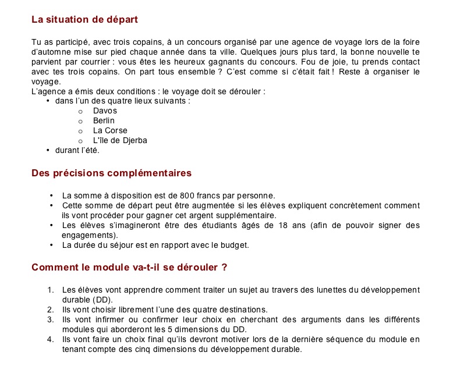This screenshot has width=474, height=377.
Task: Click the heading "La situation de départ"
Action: (84, 20)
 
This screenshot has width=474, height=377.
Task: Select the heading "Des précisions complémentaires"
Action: (111, 173)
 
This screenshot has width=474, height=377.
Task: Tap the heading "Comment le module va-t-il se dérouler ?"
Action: (129, 268)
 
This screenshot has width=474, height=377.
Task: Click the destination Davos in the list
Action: (105, 111)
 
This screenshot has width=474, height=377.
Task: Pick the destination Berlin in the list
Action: (104, 120)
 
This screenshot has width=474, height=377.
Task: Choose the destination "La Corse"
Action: (110, 130)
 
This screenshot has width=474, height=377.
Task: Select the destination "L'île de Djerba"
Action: (120, 140)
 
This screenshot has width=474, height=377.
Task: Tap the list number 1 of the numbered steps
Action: (51, 290)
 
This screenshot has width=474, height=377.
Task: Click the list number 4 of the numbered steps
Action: (51, 339)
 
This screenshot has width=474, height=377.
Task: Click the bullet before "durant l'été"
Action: (48, 150)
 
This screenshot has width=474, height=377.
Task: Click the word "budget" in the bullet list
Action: (235, 245)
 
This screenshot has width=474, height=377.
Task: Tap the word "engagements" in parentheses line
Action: (89, 235)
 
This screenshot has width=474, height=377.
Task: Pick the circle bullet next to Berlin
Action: (80, 121)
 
